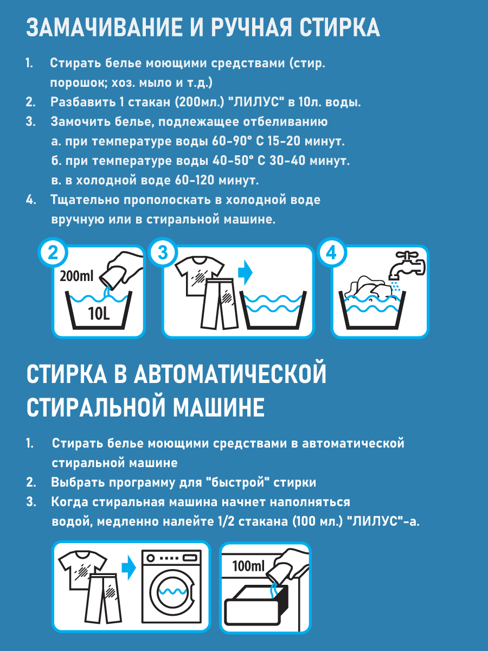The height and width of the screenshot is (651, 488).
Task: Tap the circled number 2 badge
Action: click(x=53, y=253)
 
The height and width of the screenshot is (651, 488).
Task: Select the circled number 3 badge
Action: click(x=163, y=253)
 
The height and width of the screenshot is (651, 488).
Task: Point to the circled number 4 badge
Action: click(x=331, y=253)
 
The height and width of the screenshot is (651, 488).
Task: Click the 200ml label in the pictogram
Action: click(x=76, y=277)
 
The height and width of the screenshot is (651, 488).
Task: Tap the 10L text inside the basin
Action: click(x=99, y=314)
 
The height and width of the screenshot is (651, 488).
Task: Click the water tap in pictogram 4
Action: click(x=407, y=265)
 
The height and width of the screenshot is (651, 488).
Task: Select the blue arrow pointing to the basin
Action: click(x=245, y=273)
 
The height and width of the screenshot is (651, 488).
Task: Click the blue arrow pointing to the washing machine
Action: click(x=129, y=568)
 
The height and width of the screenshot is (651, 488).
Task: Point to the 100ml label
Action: click(x=248, y=566)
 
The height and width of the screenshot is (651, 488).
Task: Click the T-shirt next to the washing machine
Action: click(x=81, y=570)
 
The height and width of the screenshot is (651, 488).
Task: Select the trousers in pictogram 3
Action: click(x=220, y=303)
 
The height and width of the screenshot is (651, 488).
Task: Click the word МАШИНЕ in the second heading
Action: click(x=219, y=407)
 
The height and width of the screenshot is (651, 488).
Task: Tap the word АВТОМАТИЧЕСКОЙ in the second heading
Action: click(x=230, y=374)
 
